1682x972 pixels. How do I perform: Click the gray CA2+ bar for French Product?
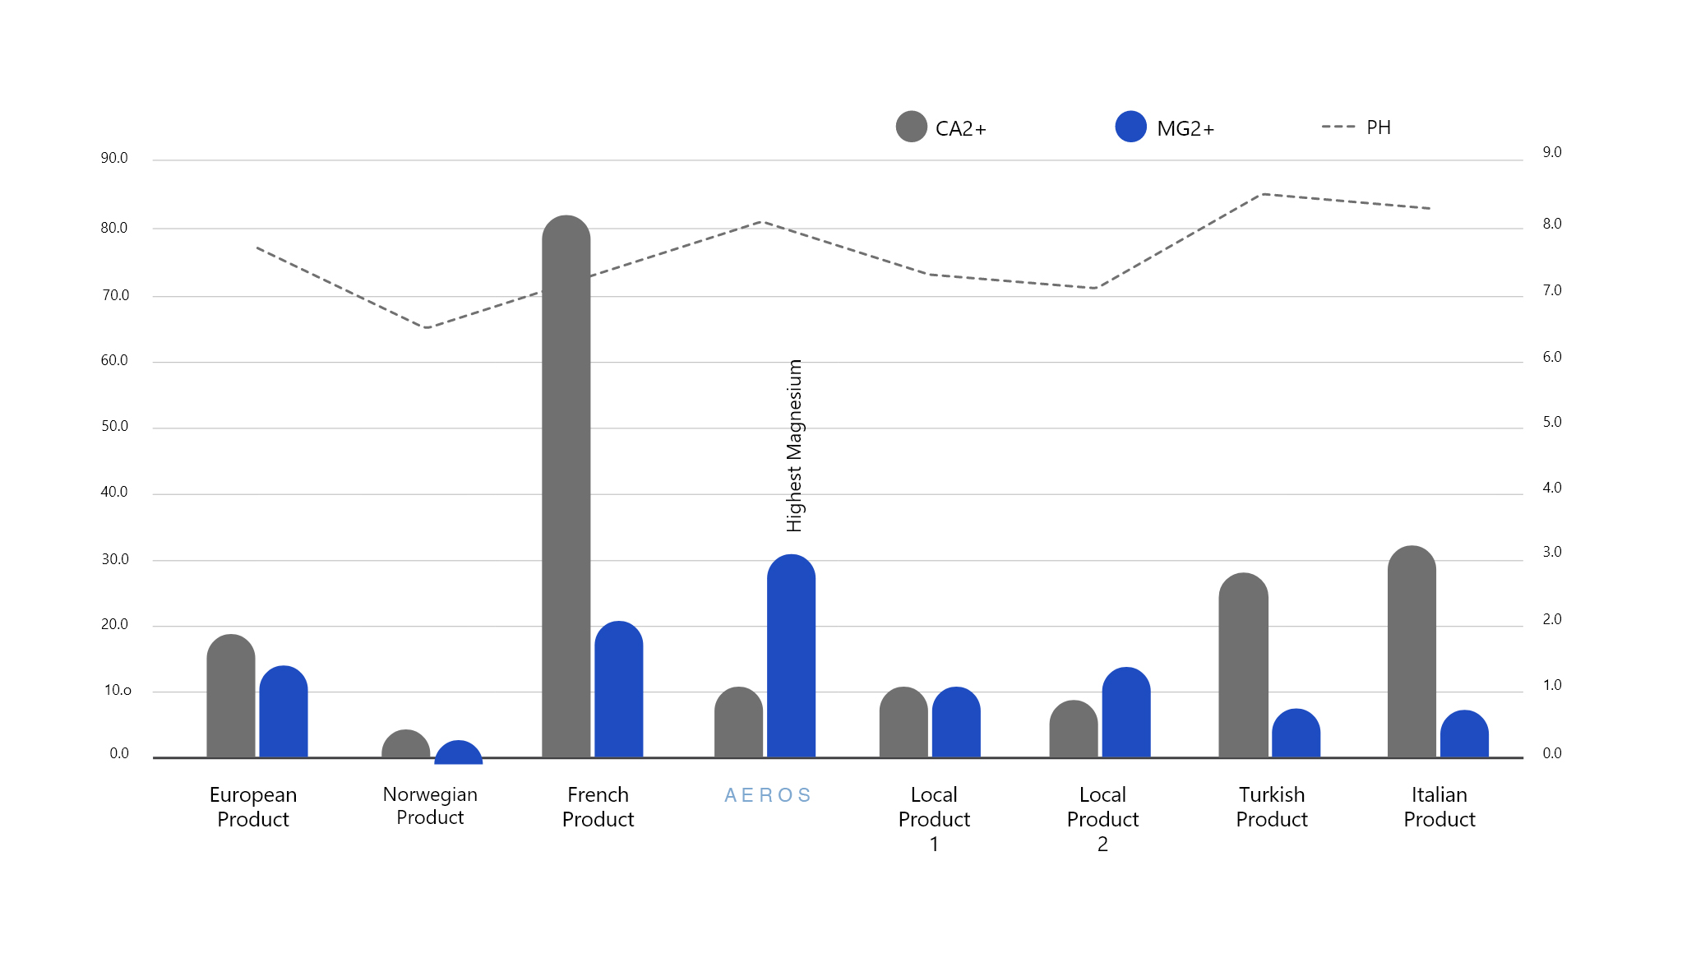[x=566, y=485]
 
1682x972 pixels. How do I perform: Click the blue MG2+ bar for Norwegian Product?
[x=458, y=752]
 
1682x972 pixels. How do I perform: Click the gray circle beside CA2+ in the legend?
[x=911, y=127]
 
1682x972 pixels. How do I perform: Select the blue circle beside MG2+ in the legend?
[x=1130, y=127]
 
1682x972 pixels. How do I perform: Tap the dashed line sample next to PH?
[x=1338, y=127]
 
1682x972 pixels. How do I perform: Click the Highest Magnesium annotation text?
[x=794, y=446]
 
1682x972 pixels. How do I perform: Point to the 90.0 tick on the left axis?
[x=114, y=158]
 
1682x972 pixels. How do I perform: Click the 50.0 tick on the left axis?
[x=114, y=426]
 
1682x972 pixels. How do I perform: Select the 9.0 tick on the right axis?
[x=1551, y=152]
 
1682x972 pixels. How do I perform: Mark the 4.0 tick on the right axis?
[x=1551, y=488]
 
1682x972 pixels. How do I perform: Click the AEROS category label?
[x=768, y=795]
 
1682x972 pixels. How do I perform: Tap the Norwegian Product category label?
[x=430, y=806]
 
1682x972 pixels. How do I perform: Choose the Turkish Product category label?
[x=1272, y=807]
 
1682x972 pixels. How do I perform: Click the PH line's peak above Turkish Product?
[x=1264, y=195]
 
